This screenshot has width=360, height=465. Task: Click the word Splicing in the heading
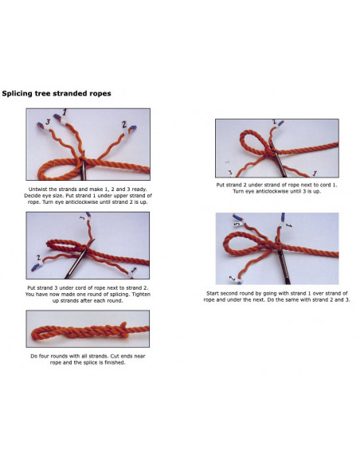coord(17,94)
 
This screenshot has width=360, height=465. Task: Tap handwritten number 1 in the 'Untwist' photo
coord(65,113)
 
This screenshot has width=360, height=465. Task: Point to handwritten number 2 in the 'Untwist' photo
coord(124,124)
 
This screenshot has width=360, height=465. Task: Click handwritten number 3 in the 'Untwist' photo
coord(48,122)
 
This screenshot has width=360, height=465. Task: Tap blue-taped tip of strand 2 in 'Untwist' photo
coord(133,128)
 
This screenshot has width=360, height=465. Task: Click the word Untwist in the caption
coord(37,190)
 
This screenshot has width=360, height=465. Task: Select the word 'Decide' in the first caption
coord(32,196)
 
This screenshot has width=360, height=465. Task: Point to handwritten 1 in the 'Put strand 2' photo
coord(315,173)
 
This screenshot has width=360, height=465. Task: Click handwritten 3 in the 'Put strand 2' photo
coord(230,172)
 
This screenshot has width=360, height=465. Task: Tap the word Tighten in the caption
coord(141,294)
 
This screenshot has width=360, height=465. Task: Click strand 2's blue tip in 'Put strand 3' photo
coord(35,268)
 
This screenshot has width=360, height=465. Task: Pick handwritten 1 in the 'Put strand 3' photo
coord(134,270)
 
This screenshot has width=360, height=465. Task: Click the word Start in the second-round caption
coord(213,293)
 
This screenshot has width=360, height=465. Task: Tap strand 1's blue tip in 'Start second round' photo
coord(283,217)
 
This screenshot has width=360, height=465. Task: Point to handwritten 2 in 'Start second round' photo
coord(233,279)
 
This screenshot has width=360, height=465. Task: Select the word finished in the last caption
coord(115,362)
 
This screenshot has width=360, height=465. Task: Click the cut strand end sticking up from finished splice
coord(124,326)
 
